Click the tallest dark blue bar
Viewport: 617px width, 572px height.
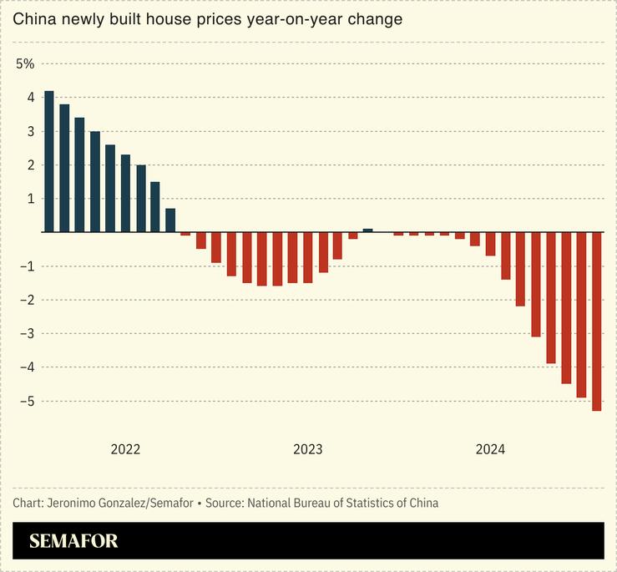click(x=49, y=161)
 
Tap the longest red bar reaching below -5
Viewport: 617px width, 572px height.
click(x=597, y=321)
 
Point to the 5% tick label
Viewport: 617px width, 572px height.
click(x=25, y=63)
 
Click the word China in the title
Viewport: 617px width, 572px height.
click(x=33, y=18)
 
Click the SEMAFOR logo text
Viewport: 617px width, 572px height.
click(x=73, y=541)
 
